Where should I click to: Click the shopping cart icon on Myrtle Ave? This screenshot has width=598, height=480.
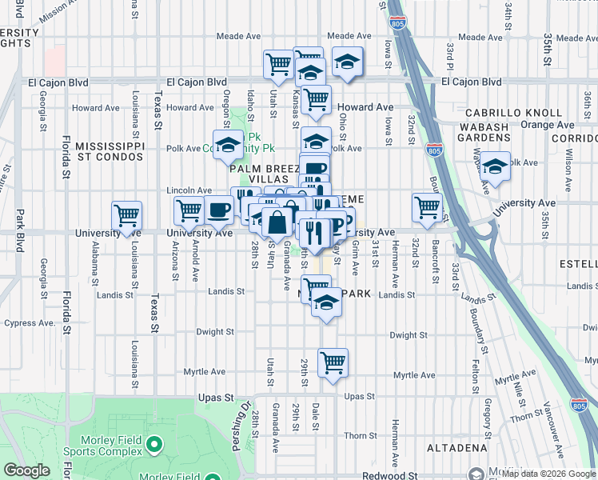(x=333, y=362)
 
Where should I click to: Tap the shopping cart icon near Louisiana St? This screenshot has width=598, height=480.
(x=127, y=214)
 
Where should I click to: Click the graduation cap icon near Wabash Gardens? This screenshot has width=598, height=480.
(x=496, y=166)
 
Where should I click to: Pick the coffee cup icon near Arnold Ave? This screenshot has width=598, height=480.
(x=218, y=210)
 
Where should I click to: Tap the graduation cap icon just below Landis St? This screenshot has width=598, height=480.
(x=325, y=303)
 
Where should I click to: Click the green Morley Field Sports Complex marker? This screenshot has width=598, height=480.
(x=154, y=442)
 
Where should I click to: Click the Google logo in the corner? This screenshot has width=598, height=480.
(x=26, y=470)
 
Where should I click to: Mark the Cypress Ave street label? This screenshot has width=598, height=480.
(x=29, y=323)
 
